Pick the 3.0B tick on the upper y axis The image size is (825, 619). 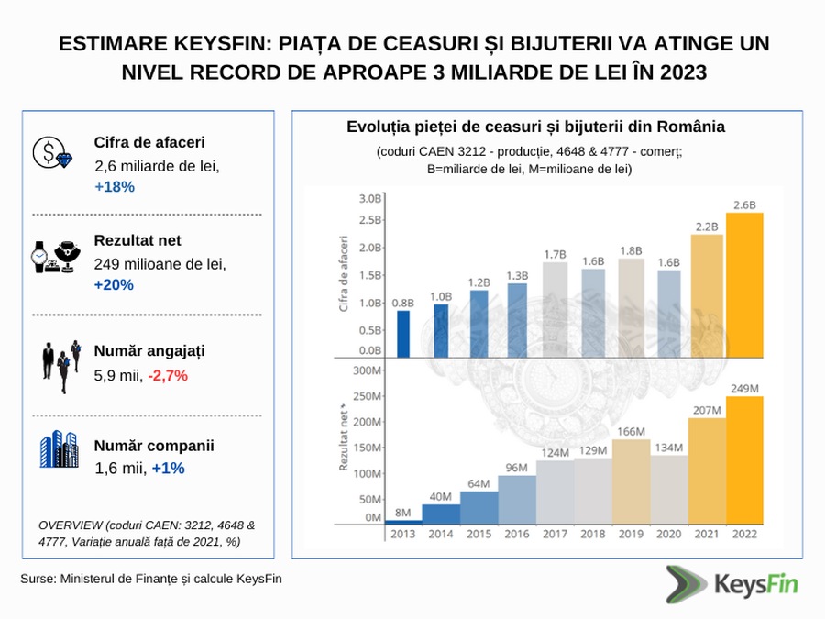click(370, 198)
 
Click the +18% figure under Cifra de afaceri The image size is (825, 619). click(115, 186)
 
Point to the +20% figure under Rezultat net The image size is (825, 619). click(115, 284)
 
